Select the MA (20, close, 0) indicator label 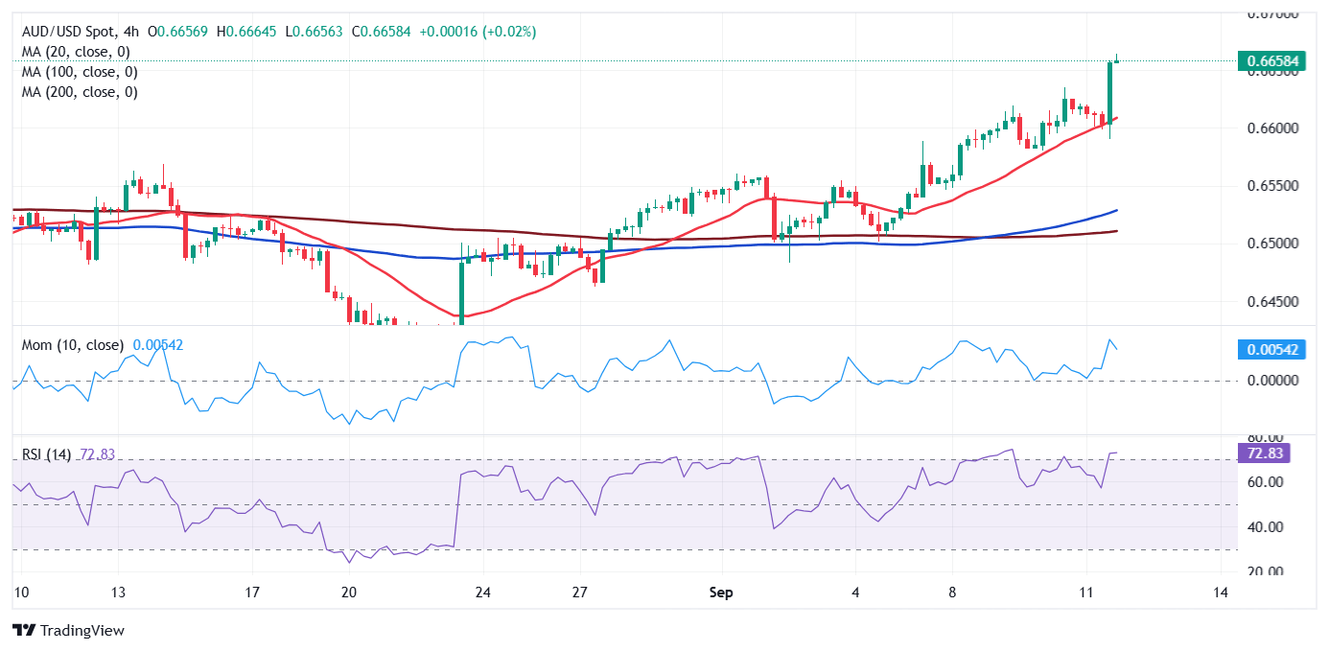76,52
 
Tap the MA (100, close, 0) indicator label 80,72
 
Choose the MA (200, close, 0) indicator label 80,92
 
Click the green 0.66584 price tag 1271,61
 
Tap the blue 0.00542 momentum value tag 1271,350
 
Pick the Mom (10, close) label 73,345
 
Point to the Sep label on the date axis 721,593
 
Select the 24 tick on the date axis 483,593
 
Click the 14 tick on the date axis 1221,593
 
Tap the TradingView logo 68,631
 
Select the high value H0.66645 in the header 251,32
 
